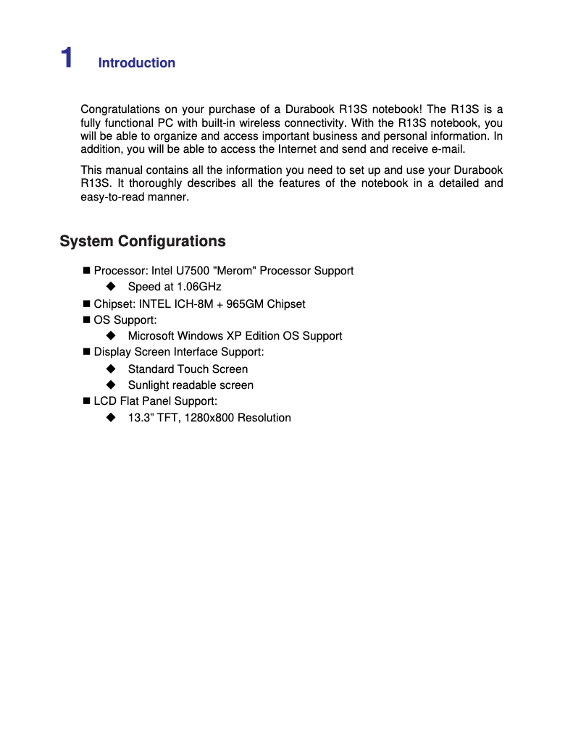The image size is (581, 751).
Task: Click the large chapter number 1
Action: [x=67, y=58]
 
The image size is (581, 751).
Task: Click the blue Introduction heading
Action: [x=136, y=63]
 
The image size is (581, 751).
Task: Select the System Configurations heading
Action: [x=143, y=241]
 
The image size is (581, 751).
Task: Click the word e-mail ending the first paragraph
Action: [x=448, y=149]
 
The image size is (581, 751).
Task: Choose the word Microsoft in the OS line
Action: [x=151, y=336]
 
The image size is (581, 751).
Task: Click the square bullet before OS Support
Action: [x=86, y=320]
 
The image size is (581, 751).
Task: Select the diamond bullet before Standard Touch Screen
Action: [x=111, y=369]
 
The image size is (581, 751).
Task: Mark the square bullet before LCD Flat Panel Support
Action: [x=86, y=401]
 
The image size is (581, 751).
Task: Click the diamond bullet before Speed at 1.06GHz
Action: [x=111, y=287]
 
